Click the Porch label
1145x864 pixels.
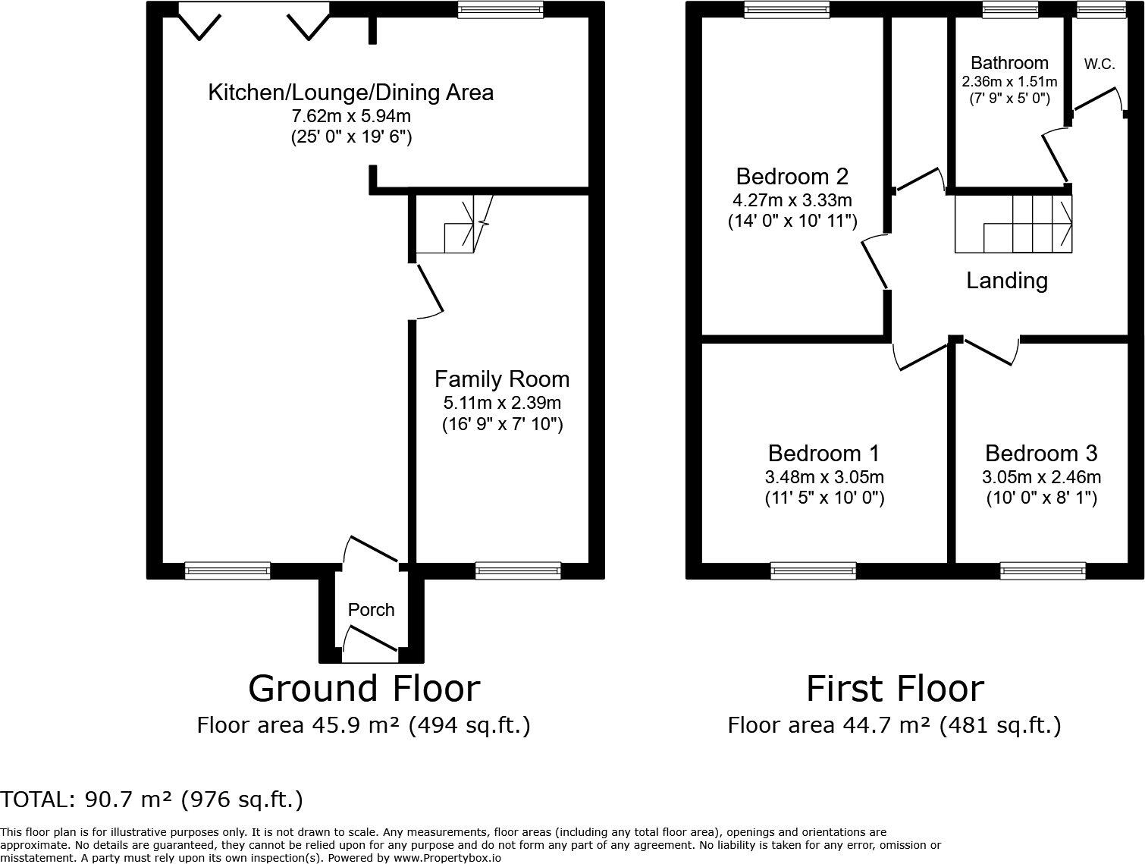coord(371,610)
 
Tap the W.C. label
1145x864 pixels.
coord(1099,64)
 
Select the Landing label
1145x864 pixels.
coord(1006,281)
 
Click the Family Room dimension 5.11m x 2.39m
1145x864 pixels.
coord(502,403)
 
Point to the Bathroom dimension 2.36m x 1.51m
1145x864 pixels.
coord(1009,81)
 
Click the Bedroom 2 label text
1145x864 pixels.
coord(792,177)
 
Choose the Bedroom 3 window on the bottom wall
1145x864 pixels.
coord(1042,570)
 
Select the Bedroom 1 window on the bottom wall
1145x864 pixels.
coord(813,570)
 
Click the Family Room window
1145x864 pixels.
coord(518,570)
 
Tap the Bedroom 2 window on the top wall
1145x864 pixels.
coord(786,9)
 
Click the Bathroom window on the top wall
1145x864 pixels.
coord(1009,9)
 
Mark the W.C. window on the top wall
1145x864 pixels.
coord(1101,9)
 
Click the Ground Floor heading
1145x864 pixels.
coord(364,689)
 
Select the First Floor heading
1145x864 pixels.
coord(894,689)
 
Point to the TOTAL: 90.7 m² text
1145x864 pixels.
coord(152,800)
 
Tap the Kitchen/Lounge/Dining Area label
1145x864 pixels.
coord(350,93)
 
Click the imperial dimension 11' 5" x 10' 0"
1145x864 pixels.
coord(824,498)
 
